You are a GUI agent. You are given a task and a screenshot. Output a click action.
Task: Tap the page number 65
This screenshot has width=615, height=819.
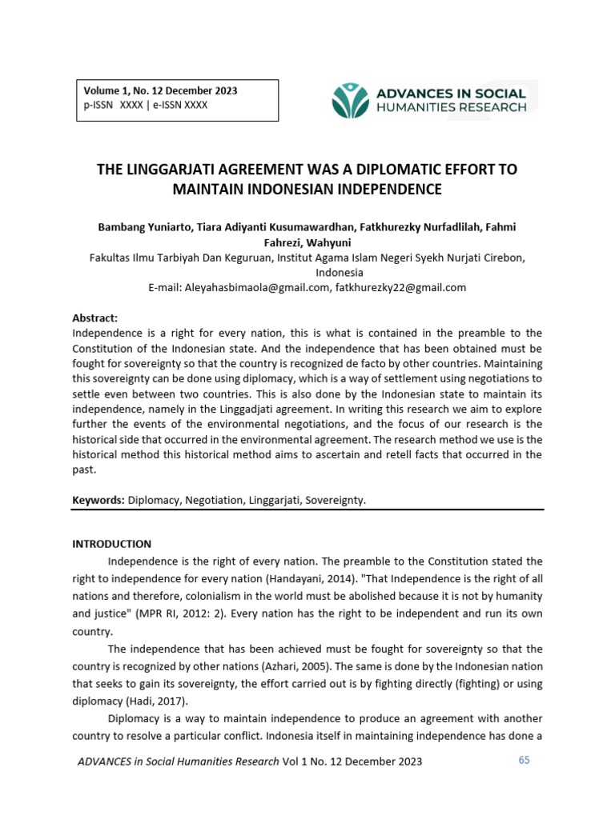(524, 760)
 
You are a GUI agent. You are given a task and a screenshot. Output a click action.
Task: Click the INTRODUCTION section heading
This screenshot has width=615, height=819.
(111, 544)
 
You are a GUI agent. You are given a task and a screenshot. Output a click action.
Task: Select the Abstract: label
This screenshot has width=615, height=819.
(94, 318)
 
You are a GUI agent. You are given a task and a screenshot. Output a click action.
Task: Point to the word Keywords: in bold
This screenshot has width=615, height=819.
(98, 500)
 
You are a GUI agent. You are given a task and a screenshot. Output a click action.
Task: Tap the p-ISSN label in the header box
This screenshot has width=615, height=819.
(98, 106)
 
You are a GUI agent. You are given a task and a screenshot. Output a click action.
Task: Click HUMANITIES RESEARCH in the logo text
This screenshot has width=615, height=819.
(452, 107)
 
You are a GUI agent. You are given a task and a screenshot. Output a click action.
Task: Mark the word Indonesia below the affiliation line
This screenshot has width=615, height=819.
(307, 272)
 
